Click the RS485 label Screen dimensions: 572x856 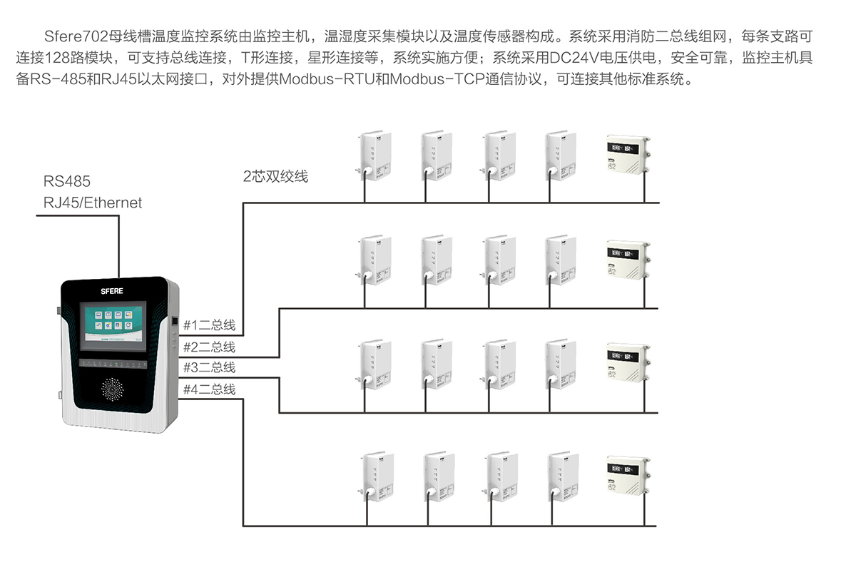tap(67, 182)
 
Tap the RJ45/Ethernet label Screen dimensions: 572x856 tap(93, 203)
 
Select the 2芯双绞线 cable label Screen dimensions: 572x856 tap(275, 176)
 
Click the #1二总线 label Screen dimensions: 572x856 tap(209, 325)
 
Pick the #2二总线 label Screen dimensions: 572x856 tap(209, 347)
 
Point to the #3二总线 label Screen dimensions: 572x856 tap(209, 368)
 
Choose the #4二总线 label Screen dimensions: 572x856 tap(209, 389)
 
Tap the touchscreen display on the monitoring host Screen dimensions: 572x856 tap(113, 327)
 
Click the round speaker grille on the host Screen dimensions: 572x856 tap(113, 389)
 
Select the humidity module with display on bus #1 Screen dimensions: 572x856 tap(628, 154)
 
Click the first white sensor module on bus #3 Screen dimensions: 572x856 tap(374, 364)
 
